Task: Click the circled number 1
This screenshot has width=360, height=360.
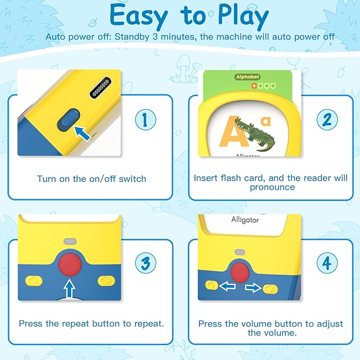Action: coord(146,120)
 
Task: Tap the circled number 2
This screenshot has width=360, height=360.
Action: coord(327,120)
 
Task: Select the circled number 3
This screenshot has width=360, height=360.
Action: coord(146,262)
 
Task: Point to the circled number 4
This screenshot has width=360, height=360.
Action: coord(327,262)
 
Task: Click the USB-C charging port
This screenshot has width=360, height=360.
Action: coord(101,87)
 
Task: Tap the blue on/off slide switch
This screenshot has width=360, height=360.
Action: coord(68,119)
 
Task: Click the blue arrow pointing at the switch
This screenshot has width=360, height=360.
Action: coord(82,134)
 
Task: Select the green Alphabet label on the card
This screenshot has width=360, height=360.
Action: coord(248,77)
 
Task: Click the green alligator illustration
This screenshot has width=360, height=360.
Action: coord(254,134)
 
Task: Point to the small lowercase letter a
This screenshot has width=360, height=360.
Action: coord(266,121)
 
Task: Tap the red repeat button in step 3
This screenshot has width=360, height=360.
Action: coord(70,264)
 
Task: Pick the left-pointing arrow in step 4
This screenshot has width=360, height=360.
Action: coord(227,286)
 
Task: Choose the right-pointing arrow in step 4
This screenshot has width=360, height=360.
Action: coord(253,287)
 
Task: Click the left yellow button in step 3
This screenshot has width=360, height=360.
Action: coord(33,281)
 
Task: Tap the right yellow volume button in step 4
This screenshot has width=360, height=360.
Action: coord(270,289)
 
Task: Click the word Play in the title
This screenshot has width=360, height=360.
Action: coord(243,15)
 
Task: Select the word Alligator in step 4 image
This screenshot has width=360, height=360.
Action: coord(245,219)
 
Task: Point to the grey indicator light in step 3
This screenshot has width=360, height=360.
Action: coord(70,241)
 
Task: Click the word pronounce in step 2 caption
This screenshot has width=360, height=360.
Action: coord(273,187)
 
